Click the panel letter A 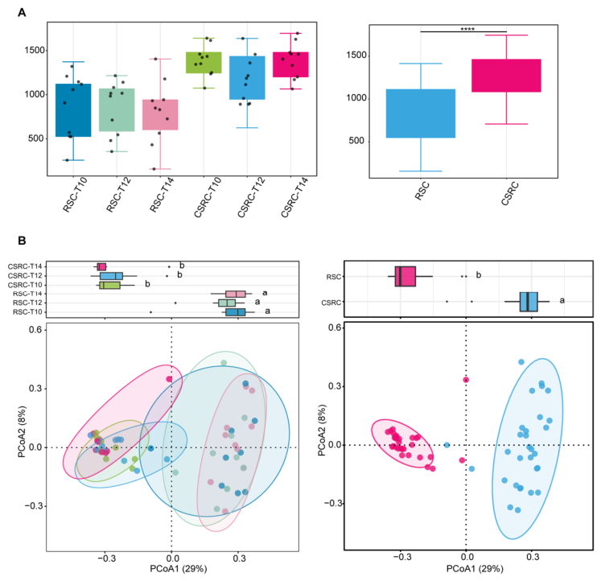click(x=22, y=13)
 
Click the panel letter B click(x=22, y=241)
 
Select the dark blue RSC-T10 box click(x=73, y=110)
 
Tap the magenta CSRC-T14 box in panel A click(x=290, y=64)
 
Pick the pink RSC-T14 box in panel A click(x=160, y=114)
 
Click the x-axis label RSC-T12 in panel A click(x=118, y=195)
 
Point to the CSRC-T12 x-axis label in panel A click(x=251, y=197)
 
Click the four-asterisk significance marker click(x=467, y=30)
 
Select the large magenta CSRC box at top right click(x=506, y=76)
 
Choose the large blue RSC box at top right click(x=421, y=113)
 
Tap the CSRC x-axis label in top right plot click(x=510, y=194)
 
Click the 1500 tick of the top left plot click(x=35, y=50)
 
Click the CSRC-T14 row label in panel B click(x=24, y=266)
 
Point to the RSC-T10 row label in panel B click(x=27, y=312)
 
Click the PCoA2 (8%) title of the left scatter click(x=22, y=432)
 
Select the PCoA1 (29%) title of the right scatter click(x=475, y=569)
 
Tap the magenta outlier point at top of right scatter click(x=466, y=380)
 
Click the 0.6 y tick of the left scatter click(x=35, y=330)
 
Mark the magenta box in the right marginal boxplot click(x=405, y=276)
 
